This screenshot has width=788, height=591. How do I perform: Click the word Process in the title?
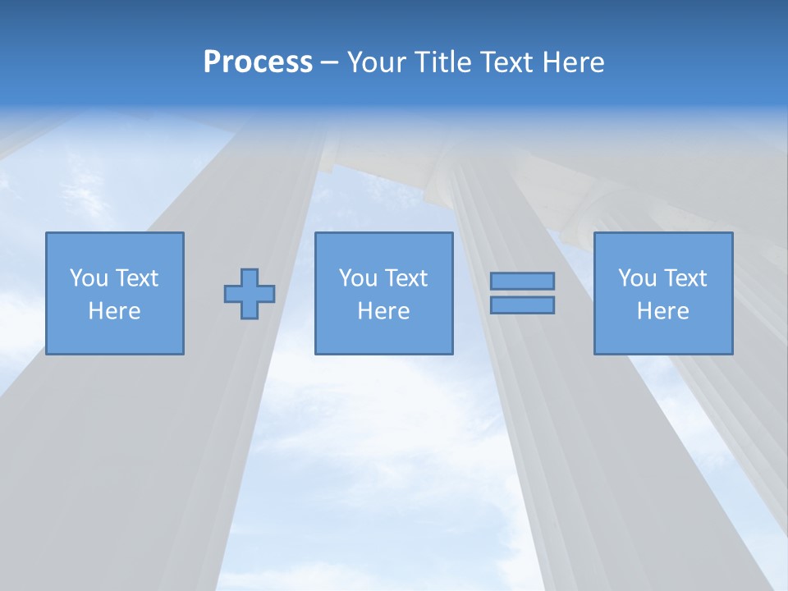pyautogui.click(x=258, y=62)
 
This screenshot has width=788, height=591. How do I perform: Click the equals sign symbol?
pyautogui.click(x=522, y=293)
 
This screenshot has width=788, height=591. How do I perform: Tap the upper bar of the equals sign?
pyautogui.click(x=522, y=282)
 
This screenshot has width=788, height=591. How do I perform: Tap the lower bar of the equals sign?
pyautogui.click(x=522, y=305)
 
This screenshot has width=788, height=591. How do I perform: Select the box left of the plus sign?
pyautogui.click(x=115, y=294)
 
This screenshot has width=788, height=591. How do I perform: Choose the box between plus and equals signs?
pyautogui.click(x=383, y=294)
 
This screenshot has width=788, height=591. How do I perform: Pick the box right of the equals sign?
pyautogui.click(x=662, y=294)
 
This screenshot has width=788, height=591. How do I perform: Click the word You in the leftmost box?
pyautogui.click(x=89, y=278)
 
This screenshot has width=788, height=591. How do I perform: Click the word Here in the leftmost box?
pyautogui.click(x=115, y=311)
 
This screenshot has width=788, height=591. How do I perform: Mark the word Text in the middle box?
pyautogui.click(x=406, y=278)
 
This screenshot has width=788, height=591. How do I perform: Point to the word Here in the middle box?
pyautogui.click(x=383, y=311)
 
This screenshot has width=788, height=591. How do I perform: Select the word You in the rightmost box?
pyautogui.click(x=637, y=278)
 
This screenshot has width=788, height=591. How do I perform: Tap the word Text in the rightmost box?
pyautogui.click(x=685, y=278)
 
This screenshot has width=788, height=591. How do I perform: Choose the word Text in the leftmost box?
pyautogui.click(x=137, y=278)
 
